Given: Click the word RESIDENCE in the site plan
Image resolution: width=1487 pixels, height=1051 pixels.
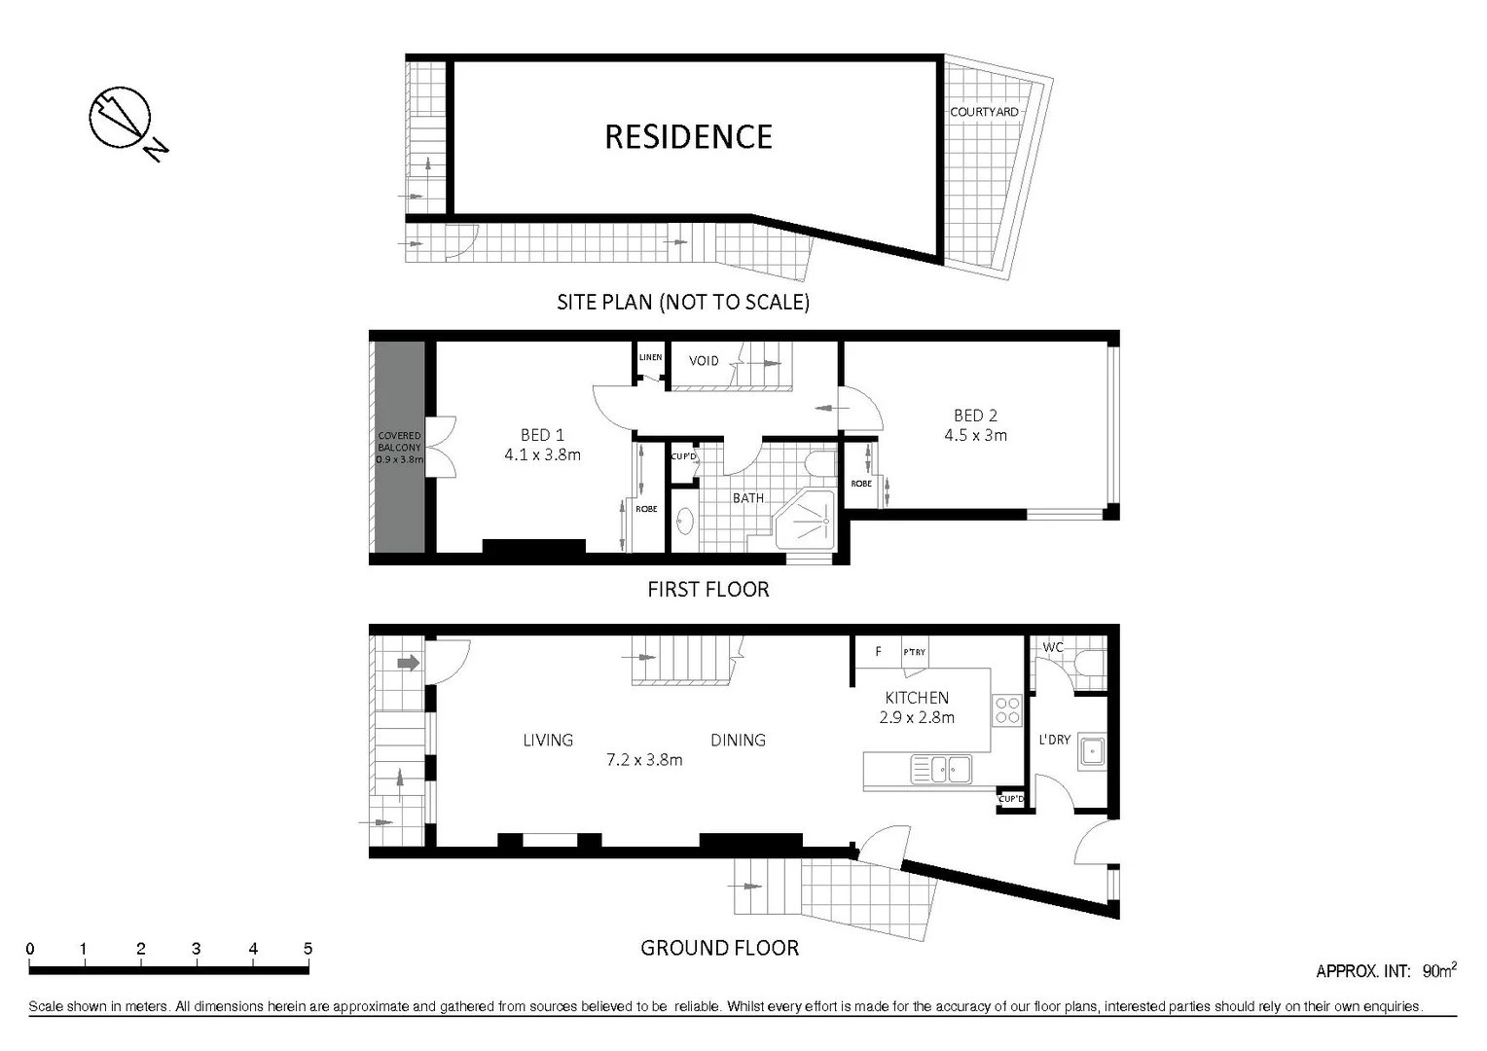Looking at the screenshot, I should [688, 137].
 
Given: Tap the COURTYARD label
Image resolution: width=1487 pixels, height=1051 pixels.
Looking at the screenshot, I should [984, 112].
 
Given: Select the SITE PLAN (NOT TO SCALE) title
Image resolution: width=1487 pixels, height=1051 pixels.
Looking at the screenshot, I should [682, 302].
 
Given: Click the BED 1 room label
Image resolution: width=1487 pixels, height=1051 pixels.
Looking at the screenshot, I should [542, 435].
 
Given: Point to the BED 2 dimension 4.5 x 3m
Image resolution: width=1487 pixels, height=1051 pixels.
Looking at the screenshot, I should [975, 435].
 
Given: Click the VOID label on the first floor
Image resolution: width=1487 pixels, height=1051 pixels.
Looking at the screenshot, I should [704, 361].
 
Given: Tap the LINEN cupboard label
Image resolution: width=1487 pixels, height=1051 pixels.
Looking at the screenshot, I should [650, 357].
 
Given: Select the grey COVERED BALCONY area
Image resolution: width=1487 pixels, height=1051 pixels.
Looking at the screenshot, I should [399, 448].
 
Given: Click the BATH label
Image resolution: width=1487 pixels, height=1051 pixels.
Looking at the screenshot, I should [747, 498].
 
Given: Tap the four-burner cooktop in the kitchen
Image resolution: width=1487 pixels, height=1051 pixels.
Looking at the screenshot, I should [1007, 710].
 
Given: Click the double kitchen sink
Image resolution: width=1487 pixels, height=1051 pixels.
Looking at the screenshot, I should [941, 770].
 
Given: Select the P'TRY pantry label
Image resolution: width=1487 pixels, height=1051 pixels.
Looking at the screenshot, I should [914, 652].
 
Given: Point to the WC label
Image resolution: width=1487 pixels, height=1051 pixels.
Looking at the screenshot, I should [1052, 647].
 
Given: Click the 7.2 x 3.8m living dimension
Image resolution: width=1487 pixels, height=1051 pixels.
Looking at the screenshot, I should [644, 760].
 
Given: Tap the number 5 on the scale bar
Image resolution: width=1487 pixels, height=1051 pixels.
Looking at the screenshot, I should [308, 949].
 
